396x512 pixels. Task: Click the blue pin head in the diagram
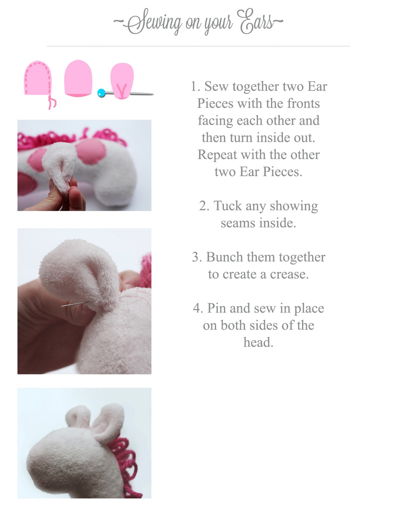coord(101,93)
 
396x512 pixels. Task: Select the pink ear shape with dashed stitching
coord(38,78)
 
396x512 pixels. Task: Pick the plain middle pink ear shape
coord(78,78)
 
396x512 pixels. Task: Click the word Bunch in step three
coord(225,257)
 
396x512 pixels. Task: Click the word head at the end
coord(258,342)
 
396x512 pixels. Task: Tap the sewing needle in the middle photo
coord(76,304)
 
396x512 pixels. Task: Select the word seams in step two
coord(238,223)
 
